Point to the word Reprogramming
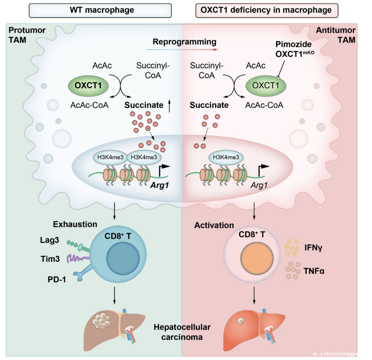click(184, 42)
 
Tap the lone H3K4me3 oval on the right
click(226, 157)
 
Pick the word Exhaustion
click(75, 224)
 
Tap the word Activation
click(214, 225)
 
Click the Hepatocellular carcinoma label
click(183, 332)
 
